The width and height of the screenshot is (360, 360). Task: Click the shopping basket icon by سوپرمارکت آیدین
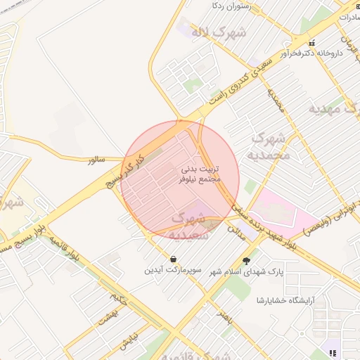coord(173,258)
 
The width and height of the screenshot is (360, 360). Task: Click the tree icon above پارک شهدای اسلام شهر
coord(246,261)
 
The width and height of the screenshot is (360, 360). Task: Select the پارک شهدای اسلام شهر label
coord(240,273)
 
